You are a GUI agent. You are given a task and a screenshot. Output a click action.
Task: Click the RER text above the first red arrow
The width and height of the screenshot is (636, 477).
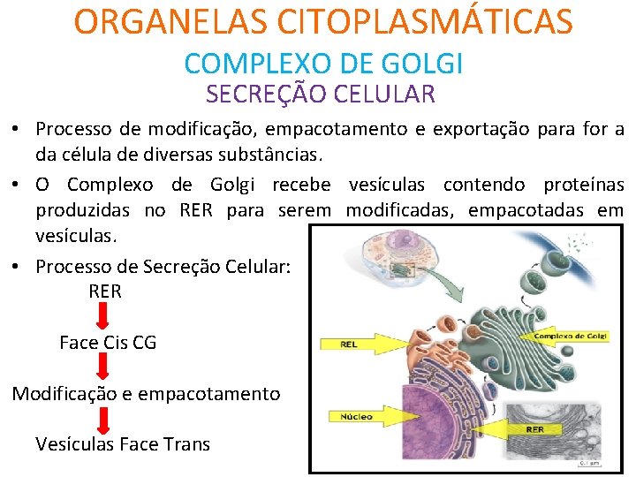pos(105,291)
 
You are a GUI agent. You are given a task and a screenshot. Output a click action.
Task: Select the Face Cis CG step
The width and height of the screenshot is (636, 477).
pos(108,342)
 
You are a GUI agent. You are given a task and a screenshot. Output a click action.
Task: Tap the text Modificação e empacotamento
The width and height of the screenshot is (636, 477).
pos(146,394)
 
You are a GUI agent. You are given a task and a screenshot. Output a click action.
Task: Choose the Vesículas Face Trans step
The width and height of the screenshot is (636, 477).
pos(123,443)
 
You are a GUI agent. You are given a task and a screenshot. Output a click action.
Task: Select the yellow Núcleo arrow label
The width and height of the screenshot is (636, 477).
pos(358,415)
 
